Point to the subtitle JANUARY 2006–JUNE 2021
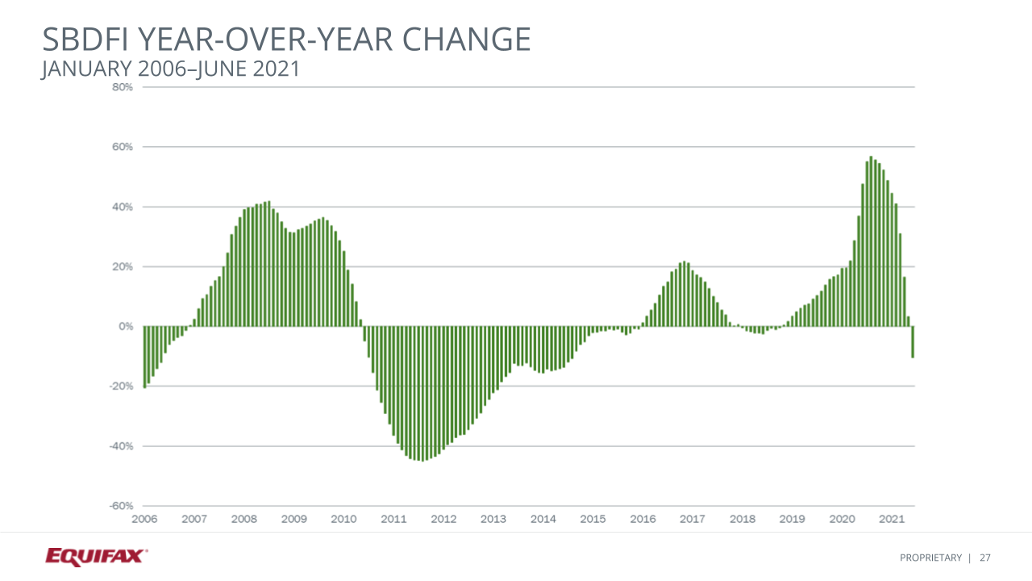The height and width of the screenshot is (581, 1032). tap(170, 69)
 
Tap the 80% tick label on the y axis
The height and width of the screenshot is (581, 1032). tap(122, 87)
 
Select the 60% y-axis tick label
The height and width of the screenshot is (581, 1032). tap(122, 147)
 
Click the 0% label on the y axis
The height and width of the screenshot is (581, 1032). tap(125, 326)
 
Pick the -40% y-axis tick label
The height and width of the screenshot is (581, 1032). tap(121, 445)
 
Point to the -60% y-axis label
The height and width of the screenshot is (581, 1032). tap(121, 506)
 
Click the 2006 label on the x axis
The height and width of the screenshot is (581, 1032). tap(144, 519)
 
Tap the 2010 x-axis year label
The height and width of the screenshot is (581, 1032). tap(343, 519)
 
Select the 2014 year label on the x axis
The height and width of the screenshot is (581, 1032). tap(543, 519)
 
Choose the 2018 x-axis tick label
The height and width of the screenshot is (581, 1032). tap(742, 519)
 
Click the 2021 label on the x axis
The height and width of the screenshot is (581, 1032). tap(891, 519)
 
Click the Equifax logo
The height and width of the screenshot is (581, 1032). tap(96, 556)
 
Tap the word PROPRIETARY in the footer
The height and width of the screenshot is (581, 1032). tap(930, 558)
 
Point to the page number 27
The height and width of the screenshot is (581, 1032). tap(985, 558)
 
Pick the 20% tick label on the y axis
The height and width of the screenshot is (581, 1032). tap(122, 266)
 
